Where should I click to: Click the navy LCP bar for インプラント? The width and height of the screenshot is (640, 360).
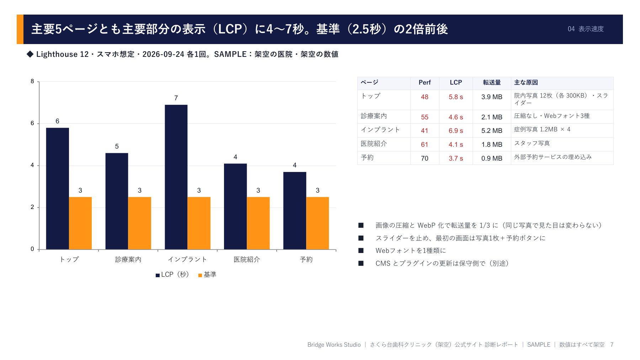pyautogui.click(x=176, y=177)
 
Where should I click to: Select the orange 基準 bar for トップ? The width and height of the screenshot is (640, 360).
pyautogui.click(x=80, y=223)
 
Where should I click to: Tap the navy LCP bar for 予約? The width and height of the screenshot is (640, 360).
pyautogui.click(x=295, y=211)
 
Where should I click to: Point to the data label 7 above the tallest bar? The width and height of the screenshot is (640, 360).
pyautogui.click(x=176, y=98)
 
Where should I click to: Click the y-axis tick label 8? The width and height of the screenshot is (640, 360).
pyautogui.click(x=32, y=81)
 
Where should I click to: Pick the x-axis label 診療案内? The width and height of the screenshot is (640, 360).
pyautogui.click(x=128, y=259)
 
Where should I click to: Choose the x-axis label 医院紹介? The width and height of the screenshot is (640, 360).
pyautogui.click(x=247, y=259)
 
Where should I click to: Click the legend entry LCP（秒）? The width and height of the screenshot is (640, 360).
pyautogui.click(x=172, y=275)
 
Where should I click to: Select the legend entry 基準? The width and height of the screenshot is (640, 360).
pyautogui.click(x=207, y=275)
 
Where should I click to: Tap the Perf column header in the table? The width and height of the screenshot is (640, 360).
pyautogui.click(x=425, y=82)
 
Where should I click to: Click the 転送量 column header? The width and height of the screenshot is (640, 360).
pyautogui.click(x=492, y=82)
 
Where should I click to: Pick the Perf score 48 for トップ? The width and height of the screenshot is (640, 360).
pyautogui.click(x=425, y=97)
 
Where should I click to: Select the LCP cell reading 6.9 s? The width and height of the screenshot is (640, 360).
pyautogui.click(x=456, y=131)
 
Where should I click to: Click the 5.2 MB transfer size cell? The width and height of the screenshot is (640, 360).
pyautogui.click(x=492, y=131)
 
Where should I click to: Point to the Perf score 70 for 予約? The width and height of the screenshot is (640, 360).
pyautogui.click(x=425, y=158)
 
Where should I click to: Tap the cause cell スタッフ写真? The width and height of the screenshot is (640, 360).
pyautogui.click(x=532, y=143)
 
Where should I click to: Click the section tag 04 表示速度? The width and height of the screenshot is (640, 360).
pyautogui.click(x=586, y=29)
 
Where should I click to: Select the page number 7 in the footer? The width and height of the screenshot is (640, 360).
pyautogui.click(x=612, y=345)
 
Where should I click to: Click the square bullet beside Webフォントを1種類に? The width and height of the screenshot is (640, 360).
pyautogui.click(x=361, y=251)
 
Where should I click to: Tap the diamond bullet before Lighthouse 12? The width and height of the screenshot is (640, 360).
pyautogui.click(x=30, y=54)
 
